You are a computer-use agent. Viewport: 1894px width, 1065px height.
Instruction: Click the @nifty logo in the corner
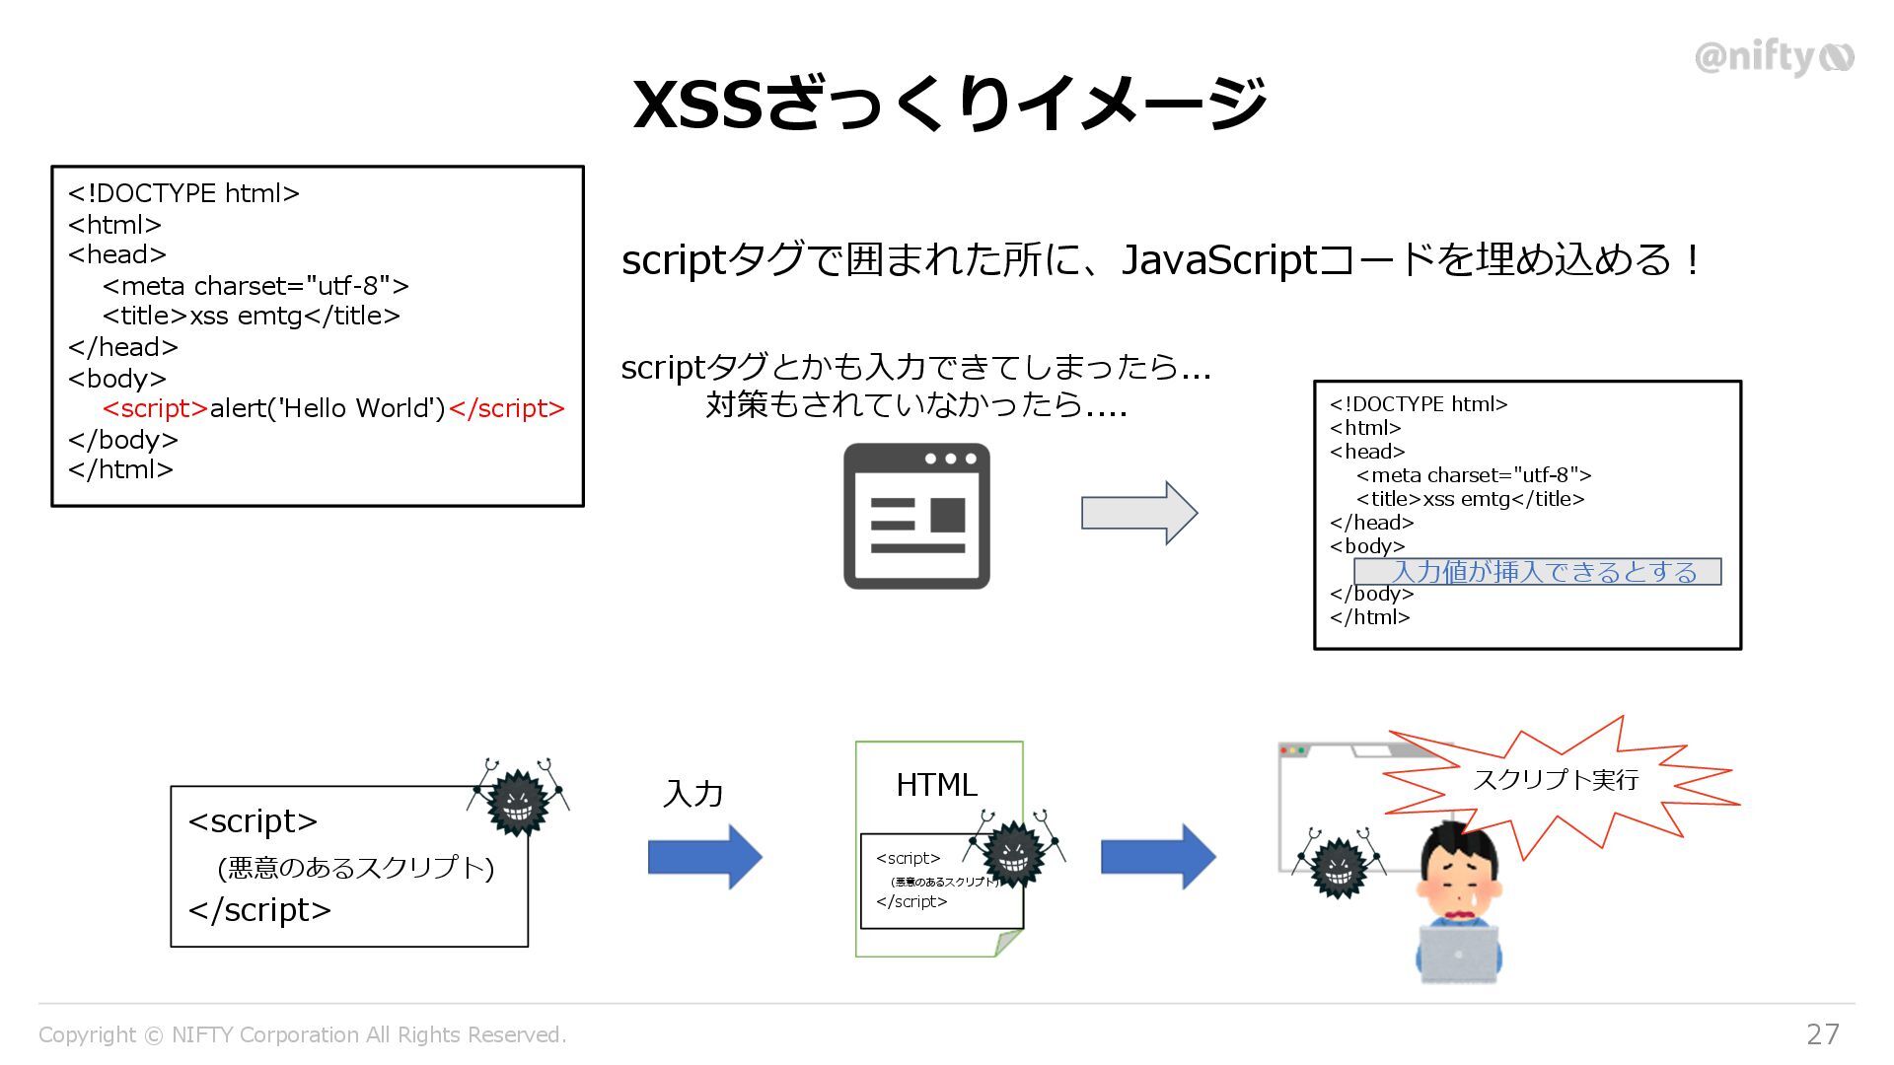(1774, 57)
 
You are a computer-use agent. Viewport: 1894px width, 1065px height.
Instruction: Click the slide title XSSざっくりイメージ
(949, 104)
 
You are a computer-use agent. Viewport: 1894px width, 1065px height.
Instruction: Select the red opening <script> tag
(155, 408)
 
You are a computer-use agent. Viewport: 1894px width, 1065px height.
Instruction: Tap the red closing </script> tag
(506, 408)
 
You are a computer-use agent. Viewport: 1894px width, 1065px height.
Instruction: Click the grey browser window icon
(916, 516)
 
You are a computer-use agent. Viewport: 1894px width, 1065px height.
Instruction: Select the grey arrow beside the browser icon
(1138, 513)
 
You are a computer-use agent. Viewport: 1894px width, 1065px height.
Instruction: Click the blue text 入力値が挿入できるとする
(1544, 572)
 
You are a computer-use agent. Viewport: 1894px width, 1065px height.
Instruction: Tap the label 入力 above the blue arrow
(693, 794)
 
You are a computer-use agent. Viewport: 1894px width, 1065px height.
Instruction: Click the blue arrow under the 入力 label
(704, 857)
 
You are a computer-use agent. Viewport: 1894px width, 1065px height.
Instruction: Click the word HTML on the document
(936, 785)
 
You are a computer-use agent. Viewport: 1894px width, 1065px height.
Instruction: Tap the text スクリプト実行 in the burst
(1556, 780)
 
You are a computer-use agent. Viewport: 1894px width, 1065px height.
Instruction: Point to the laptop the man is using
(1459, 953)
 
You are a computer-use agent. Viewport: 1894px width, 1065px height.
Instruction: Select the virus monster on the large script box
(518, 802)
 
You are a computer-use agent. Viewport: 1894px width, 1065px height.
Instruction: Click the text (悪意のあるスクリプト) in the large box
(355, 868)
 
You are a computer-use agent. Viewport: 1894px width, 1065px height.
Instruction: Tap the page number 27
(1822, 1033)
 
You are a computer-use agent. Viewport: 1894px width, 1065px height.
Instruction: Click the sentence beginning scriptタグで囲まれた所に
(1160, 260)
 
